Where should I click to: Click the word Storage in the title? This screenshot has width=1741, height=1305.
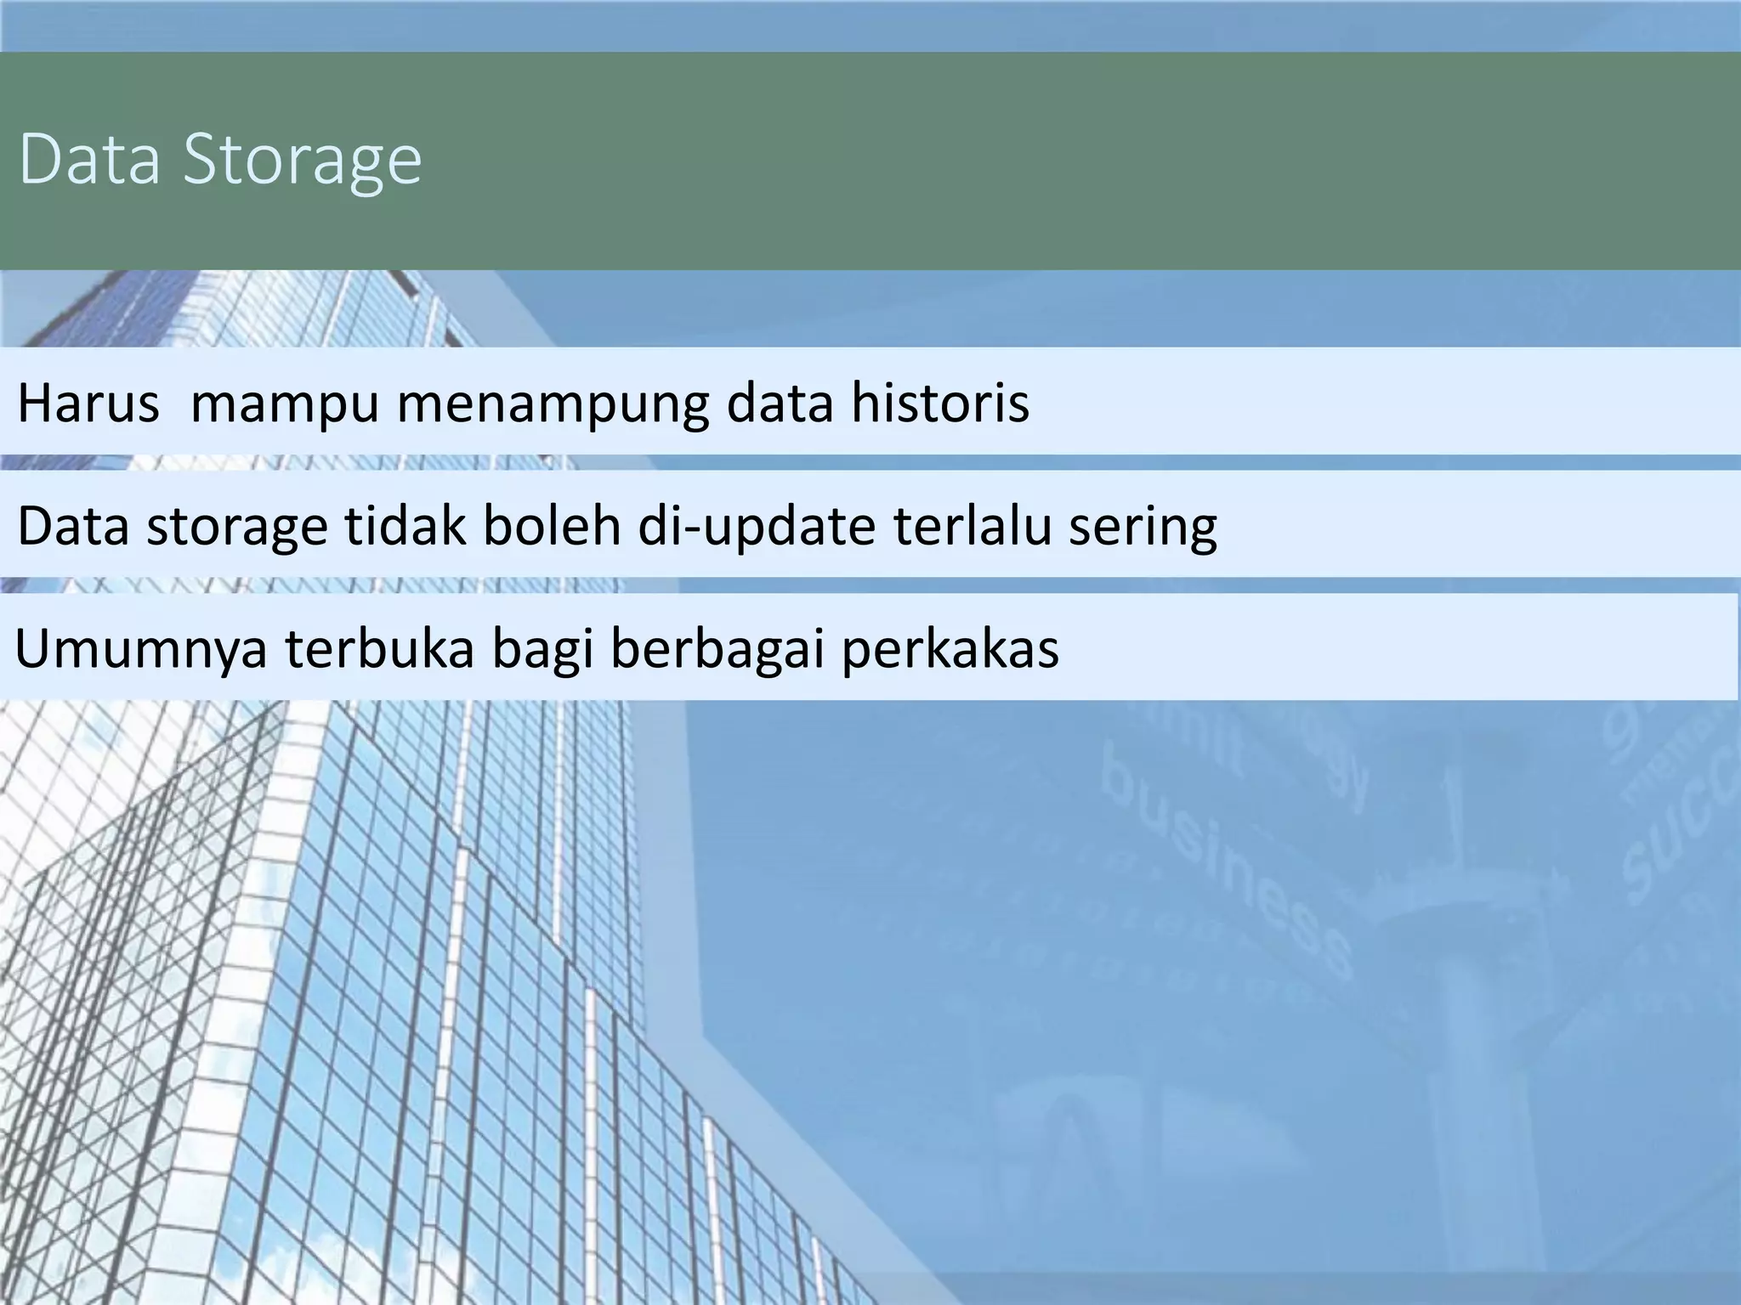[x=303, y=160]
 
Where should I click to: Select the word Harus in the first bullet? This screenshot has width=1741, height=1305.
[x=88, y=403]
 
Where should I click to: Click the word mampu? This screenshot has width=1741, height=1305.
[x=284, y=404]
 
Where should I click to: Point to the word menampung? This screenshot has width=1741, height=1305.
[x=553, y=404]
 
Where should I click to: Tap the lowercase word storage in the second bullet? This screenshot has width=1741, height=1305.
[x=236, y=527]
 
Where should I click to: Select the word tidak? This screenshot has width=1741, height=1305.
[x=405, y=525]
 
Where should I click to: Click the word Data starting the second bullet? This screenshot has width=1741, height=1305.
[x=73, y=525]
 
